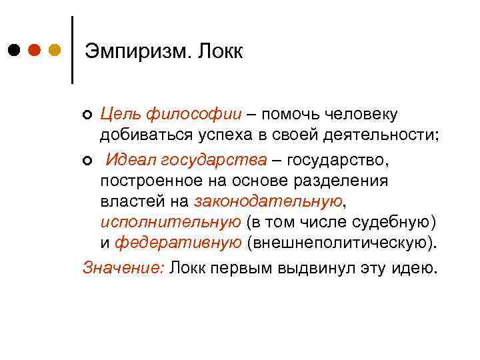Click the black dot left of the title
(x=15, y=50)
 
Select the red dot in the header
(x=35, y=50)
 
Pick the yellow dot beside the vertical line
(x=55, y=50)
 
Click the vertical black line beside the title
(x=72, y=49)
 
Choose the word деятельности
(x=377, y=136)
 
